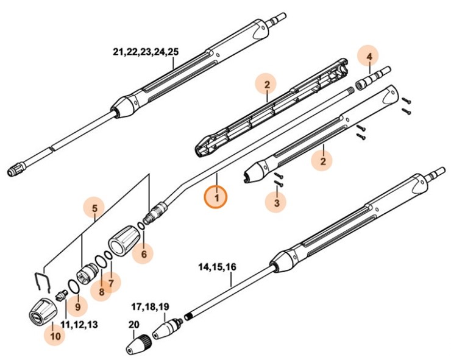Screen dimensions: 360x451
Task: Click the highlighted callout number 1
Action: [x=216, y=197]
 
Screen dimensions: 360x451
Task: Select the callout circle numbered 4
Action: [x=368, y=57]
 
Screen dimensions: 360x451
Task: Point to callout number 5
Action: [x=94, y=209]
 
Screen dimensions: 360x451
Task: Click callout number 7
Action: [x=111, y=283]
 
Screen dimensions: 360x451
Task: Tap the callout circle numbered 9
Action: [x=77, y=306]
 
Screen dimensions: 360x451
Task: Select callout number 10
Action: [x=55, y=335]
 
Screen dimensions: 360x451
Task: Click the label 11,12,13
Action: [x=79, y=324]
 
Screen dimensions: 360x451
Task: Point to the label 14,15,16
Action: [x=218, y=267]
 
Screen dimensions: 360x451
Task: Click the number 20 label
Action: [x=133, y=325]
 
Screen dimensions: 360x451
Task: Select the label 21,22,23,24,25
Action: [x=146, y=52]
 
